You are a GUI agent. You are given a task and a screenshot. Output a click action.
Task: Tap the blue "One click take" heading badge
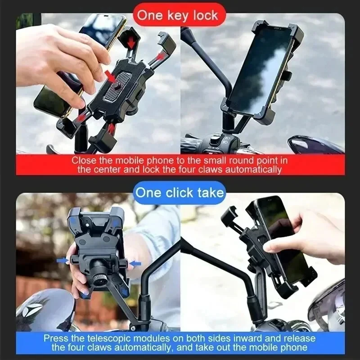click(x=179, y=193)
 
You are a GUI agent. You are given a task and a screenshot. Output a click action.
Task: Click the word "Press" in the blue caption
click(x=55, y=338)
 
